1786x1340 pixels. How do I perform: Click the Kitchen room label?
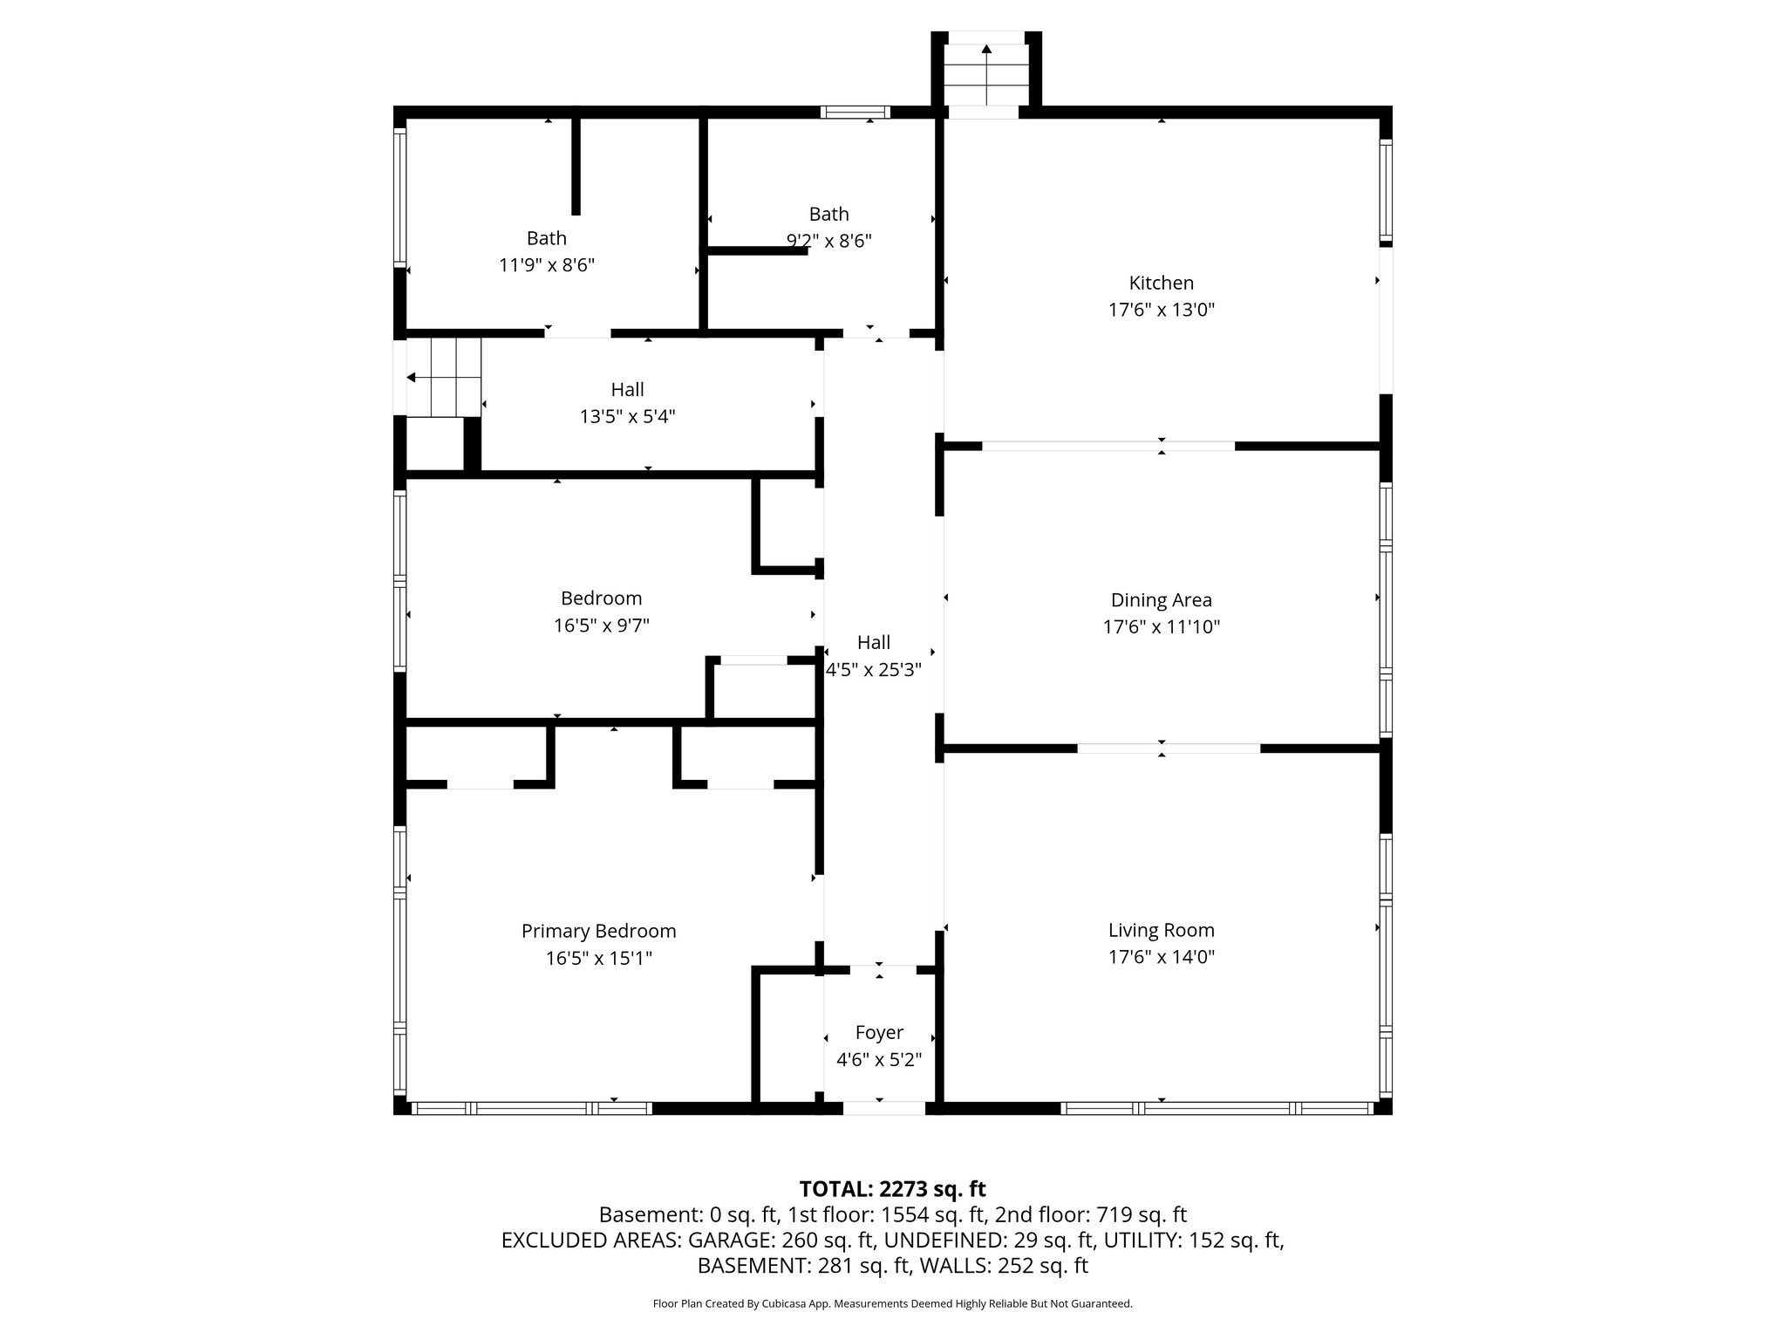(1161, 283)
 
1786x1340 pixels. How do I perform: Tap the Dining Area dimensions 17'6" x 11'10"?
(1161, 626)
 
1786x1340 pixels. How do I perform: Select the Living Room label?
(1161, 930)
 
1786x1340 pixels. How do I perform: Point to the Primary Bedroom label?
(598, 931)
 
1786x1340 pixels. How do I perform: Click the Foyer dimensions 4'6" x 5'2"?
(879, 1060)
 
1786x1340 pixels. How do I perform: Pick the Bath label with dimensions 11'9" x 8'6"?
(547, 238)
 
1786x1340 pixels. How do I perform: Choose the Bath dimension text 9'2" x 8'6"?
(828, 241)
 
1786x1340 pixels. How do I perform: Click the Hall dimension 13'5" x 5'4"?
(627, 417)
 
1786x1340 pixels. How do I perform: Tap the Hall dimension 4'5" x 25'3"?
(873, 670)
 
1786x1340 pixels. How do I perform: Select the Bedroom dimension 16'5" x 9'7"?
(601, 626)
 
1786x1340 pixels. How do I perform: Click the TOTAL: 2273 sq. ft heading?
(892, 1189)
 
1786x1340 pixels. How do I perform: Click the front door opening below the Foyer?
(883, 1108)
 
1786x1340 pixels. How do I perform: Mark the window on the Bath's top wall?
(855, 112)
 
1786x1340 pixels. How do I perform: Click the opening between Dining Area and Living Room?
(1169, 749)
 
